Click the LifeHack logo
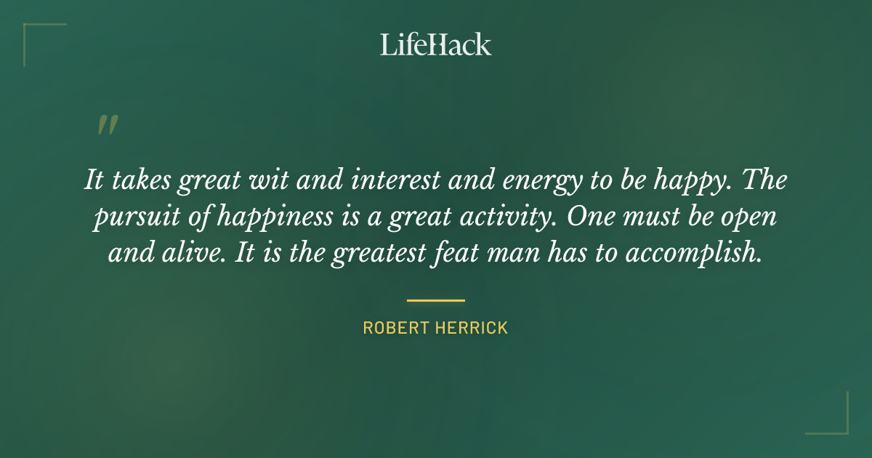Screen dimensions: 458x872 tap(435, 44)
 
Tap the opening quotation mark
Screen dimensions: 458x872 tap(107, 126)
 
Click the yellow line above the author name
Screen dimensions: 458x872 tap(435, 300)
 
